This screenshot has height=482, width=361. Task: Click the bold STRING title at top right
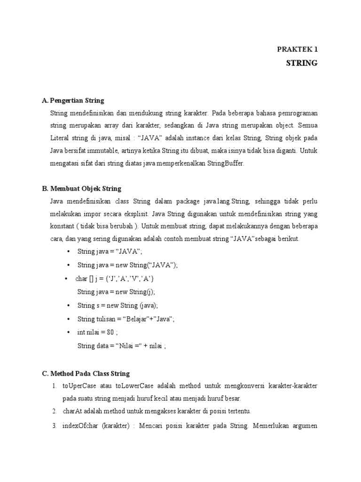302,63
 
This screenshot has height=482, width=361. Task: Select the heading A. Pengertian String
73,101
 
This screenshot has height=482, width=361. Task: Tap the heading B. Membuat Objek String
81,189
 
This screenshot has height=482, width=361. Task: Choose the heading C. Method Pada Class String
86,374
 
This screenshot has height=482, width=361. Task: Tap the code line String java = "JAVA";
110,252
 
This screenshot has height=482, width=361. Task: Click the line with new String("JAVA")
127,265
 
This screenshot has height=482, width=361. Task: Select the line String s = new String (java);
118,305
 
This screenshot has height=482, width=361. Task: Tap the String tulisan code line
126,319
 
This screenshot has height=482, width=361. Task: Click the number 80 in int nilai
110,333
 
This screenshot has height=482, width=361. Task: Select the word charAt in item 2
71,411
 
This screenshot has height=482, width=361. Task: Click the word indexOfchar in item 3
80,426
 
